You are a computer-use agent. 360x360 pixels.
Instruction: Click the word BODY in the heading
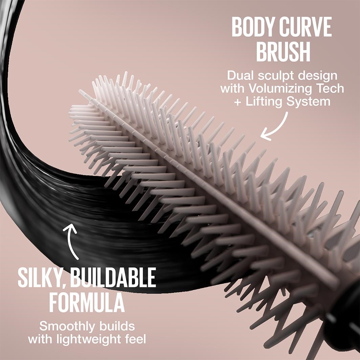point(253,27)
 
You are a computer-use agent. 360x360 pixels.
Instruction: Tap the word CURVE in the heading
point(306,27)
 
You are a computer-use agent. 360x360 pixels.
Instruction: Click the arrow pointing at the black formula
point(71,241)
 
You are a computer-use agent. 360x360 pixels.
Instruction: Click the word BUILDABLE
point(113,277)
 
